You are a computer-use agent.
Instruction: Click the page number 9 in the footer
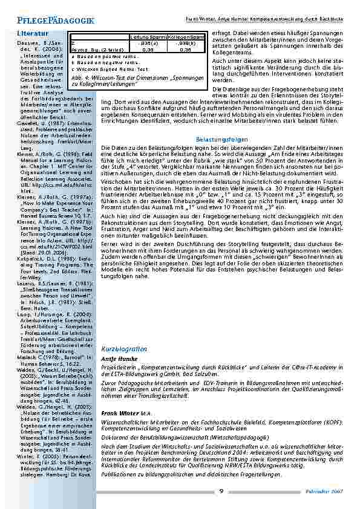pos(221,490)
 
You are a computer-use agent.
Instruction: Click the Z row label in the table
pos(73,44)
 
